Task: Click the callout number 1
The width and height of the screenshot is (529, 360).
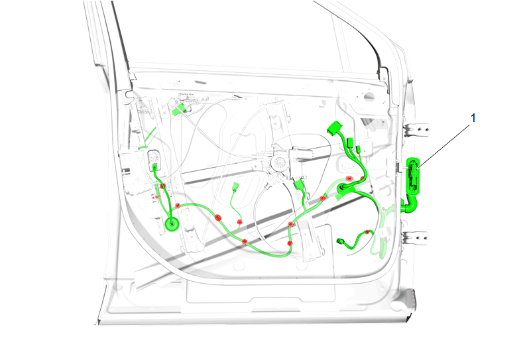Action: point(473,118)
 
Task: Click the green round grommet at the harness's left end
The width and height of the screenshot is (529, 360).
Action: point(172,223)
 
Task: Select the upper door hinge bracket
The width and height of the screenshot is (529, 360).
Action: point(416,129)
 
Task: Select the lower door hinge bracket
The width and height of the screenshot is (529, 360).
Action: point(416,237)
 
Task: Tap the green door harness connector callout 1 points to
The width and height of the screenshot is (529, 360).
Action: point(413,176)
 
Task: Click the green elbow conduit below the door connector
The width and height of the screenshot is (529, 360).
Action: point(410,205)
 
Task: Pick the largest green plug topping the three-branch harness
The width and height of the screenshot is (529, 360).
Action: point(334,127)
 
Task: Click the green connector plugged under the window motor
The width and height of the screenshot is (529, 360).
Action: point(299,185)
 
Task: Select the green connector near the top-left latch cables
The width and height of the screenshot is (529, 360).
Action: point(178,109)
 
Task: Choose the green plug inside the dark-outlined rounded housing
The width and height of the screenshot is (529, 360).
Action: point(155,166)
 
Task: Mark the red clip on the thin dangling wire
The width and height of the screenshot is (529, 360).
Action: point(239,222)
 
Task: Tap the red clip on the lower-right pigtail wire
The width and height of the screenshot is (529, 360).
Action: point(367,232)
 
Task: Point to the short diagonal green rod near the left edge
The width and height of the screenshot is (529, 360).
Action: point(150,135)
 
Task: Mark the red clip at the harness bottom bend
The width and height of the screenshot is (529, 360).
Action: point(289,243)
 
